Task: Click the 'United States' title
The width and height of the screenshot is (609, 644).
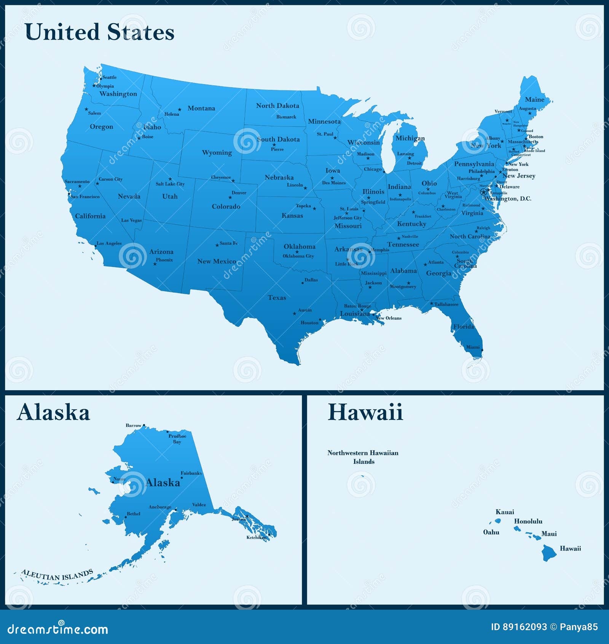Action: pyautogui.click(x=100, y=32)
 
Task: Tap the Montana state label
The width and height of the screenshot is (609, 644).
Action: pyautogui.click(x=201, y=108)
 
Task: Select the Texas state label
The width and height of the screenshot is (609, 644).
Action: pyautogui.click(x=277, y=298)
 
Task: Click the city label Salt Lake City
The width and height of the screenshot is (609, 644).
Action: pyautogui.click(x=170, y=184)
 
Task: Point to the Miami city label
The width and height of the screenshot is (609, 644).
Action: pyautogui.click(x=473, y=347)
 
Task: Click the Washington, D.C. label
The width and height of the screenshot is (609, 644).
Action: pyautogui.click(x=508, y=199)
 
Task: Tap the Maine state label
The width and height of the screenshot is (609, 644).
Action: pyautogui.click(x=534, y=99)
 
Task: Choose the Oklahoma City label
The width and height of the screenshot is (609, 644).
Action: pyautogui.click(x=298, y=256)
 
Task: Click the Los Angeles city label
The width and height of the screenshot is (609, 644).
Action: pyautogui.click(x=109, y=243)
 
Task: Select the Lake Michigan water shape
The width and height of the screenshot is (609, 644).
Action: pyautogui.click(x=388, y=149)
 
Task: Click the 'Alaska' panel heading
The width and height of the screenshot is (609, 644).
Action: pyautogui.click(x=53, y=413)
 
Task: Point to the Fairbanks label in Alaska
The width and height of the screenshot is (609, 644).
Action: pyautogui.click(x=191, y=473)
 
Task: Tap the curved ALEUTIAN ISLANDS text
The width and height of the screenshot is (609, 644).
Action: pyautogui.click(x=57, y=575)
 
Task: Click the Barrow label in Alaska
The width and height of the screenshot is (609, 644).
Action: pyautogui.click(x=133, y=425)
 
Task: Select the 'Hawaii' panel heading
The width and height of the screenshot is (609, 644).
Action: pyautogui.click(x=365, y=413)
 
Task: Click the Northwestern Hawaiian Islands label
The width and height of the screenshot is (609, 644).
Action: pyautogui.click(x=363, y=457)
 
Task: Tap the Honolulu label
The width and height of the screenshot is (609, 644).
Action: pyautogui.click(x=528, y=521)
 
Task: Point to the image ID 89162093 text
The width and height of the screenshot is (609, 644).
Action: pyautogui.click(x=519, y=627)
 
